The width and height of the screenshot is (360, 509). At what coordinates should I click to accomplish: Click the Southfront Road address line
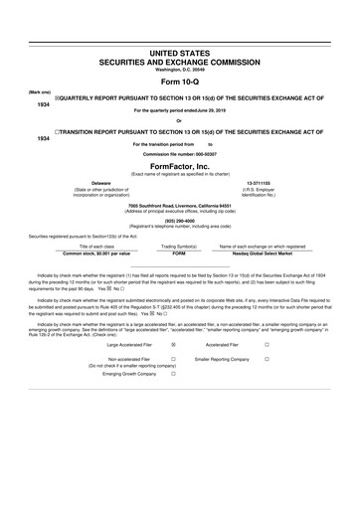(x=180, y=205)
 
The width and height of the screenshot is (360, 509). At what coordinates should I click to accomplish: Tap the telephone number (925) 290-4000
(x=180, y=221)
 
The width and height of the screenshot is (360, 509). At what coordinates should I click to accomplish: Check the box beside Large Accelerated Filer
(x=173, y=344)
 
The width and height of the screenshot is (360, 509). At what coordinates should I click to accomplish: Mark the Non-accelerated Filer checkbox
(x=173, y=358)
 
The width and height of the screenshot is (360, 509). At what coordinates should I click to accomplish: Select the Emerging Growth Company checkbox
(x=173, y=374)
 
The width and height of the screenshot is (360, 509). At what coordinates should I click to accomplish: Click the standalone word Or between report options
(x=180, y=121)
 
